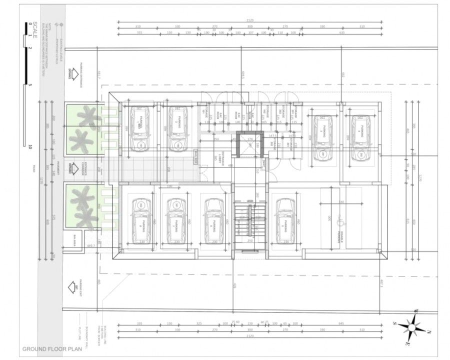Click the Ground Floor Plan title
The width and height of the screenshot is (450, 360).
point(51,348)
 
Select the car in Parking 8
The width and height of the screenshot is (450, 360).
point(285,220)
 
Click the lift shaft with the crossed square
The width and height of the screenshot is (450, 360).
point(248,146)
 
